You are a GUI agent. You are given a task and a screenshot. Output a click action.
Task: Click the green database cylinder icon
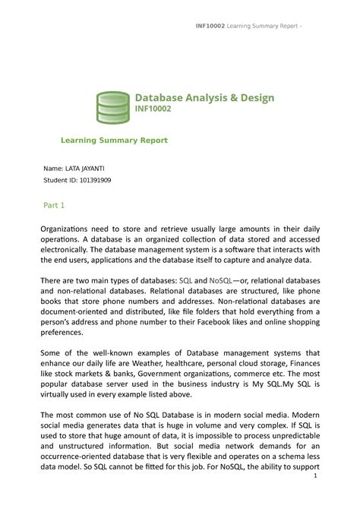(112, 107)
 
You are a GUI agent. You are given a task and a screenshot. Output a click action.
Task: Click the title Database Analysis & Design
(204, 98)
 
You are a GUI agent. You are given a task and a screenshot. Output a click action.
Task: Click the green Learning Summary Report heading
(114, 141)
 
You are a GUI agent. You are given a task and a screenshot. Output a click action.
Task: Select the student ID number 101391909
(93, 181)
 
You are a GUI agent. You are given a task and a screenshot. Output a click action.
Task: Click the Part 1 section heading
(52, 205)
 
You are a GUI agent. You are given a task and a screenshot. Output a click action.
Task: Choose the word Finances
(300, 364)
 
